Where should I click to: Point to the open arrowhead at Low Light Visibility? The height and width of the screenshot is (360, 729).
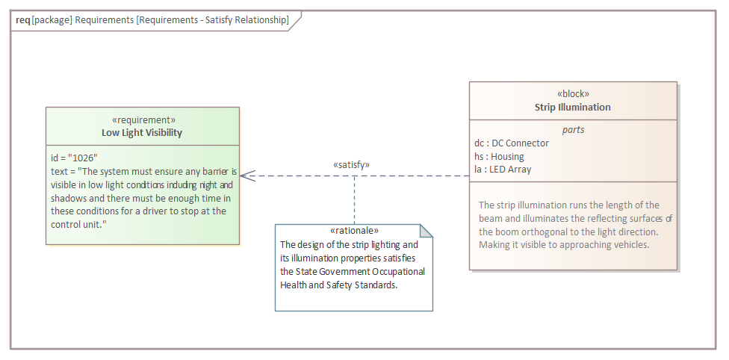[247, 176]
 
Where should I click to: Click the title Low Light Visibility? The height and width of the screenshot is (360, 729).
[142, 132]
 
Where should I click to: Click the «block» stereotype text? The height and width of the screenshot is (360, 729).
[573, 94]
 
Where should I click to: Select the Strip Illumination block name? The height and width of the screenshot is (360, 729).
[572, 107]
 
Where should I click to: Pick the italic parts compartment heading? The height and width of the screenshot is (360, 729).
[573, 130]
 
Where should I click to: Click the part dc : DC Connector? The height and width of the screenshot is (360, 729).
[512, 143]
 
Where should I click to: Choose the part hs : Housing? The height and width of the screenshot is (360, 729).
[499, 156]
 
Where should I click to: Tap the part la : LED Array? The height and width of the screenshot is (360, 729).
[503, 170]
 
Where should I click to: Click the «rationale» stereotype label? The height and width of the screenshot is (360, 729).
[354, 231]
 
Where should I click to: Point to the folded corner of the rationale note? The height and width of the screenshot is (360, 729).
[426, 231]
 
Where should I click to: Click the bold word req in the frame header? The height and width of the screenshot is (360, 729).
[22, 20]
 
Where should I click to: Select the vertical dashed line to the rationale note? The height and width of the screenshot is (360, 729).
[354, 200]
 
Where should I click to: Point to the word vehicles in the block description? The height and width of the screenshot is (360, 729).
[632, 245]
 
